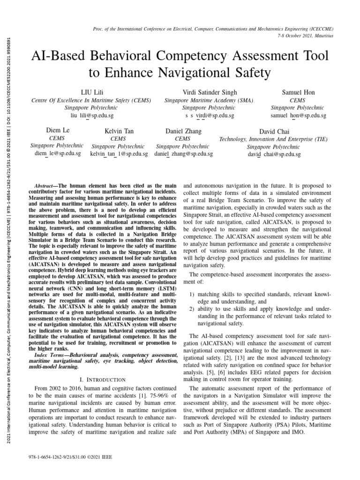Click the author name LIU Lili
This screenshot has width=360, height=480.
click(x=92, y=92)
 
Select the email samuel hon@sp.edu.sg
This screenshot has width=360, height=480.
click(x=299, y=115)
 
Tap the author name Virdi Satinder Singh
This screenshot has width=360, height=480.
click(x=202, y=92)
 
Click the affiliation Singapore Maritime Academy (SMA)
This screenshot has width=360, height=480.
click(x=202, y=100)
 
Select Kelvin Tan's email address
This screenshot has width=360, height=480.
click(x=119, y=154)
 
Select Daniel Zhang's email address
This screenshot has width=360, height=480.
click(x=183, y=154)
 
